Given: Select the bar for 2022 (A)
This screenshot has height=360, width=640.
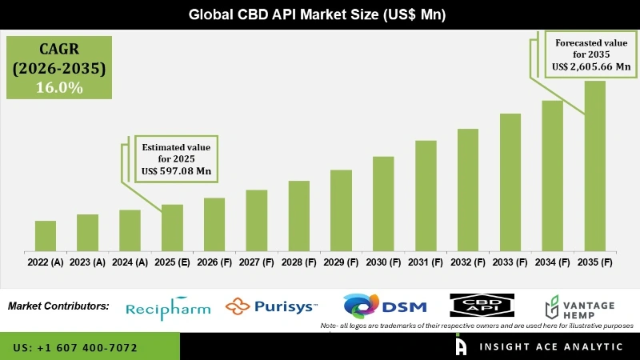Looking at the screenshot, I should tap(46, 236).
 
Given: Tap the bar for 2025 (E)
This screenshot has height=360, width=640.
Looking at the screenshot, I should tap(172, 228).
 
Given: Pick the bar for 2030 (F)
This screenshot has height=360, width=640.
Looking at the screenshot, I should tap(383, 204).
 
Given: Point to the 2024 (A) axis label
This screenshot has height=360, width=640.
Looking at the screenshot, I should tap(130, 262).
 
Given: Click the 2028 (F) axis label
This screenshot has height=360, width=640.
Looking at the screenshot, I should tap(298, 262).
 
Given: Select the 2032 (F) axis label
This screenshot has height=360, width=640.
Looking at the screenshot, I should tap(467, 262).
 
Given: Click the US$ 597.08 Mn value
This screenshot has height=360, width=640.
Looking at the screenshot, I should tap(176, 171).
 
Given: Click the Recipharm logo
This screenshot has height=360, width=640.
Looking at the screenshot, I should tap(169, 307).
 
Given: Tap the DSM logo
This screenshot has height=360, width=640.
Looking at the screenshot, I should tap(385, 306).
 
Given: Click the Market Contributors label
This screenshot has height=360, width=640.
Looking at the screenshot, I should tap(58, 306).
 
